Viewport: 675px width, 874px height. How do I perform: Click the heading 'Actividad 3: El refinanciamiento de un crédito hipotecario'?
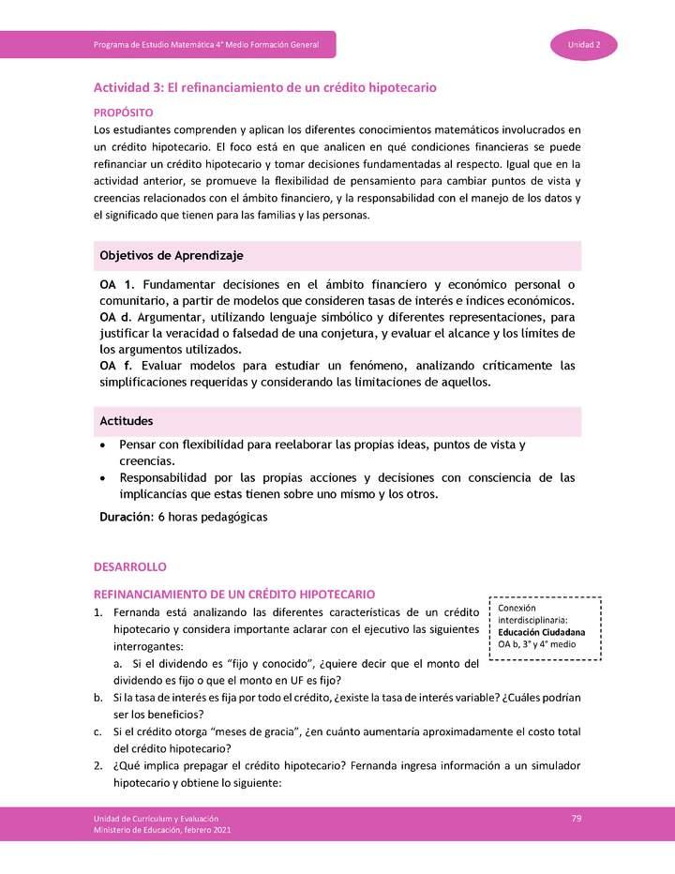click(x=264, y=87)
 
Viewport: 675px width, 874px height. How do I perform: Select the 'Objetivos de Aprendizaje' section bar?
click(x=337, y=255)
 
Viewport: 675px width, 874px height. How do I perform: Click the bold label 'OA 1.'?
click(x=116, y=283)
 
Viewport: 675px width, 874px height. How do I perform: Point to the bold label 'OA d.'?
click(x=116, y=317)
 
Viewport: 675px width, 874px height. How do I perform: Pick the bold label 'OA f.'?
click(x=115, y=366)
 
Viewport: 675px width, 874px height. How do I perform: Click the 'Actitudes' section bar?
click(x=337, y=421)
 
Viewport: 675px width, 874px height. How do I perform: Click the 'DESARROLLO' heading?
click(x=129, y=568)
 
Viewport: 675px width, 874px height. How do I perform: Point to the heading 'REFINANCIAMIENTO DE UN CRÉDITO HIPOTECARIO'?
click(x=234, y=595)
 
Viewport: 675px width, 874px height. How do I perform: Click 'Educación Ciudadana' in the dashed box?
click(x=542, y=632)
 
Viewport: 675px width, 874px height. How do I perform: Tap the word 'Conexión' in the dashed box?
click(x=517, y=608)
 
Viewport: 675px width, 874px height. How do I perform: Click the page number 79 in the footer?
click(x=577, y=819)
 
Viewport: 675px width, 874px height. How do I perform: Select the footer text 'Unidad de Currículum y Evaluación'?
click(x=156, y=819)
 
